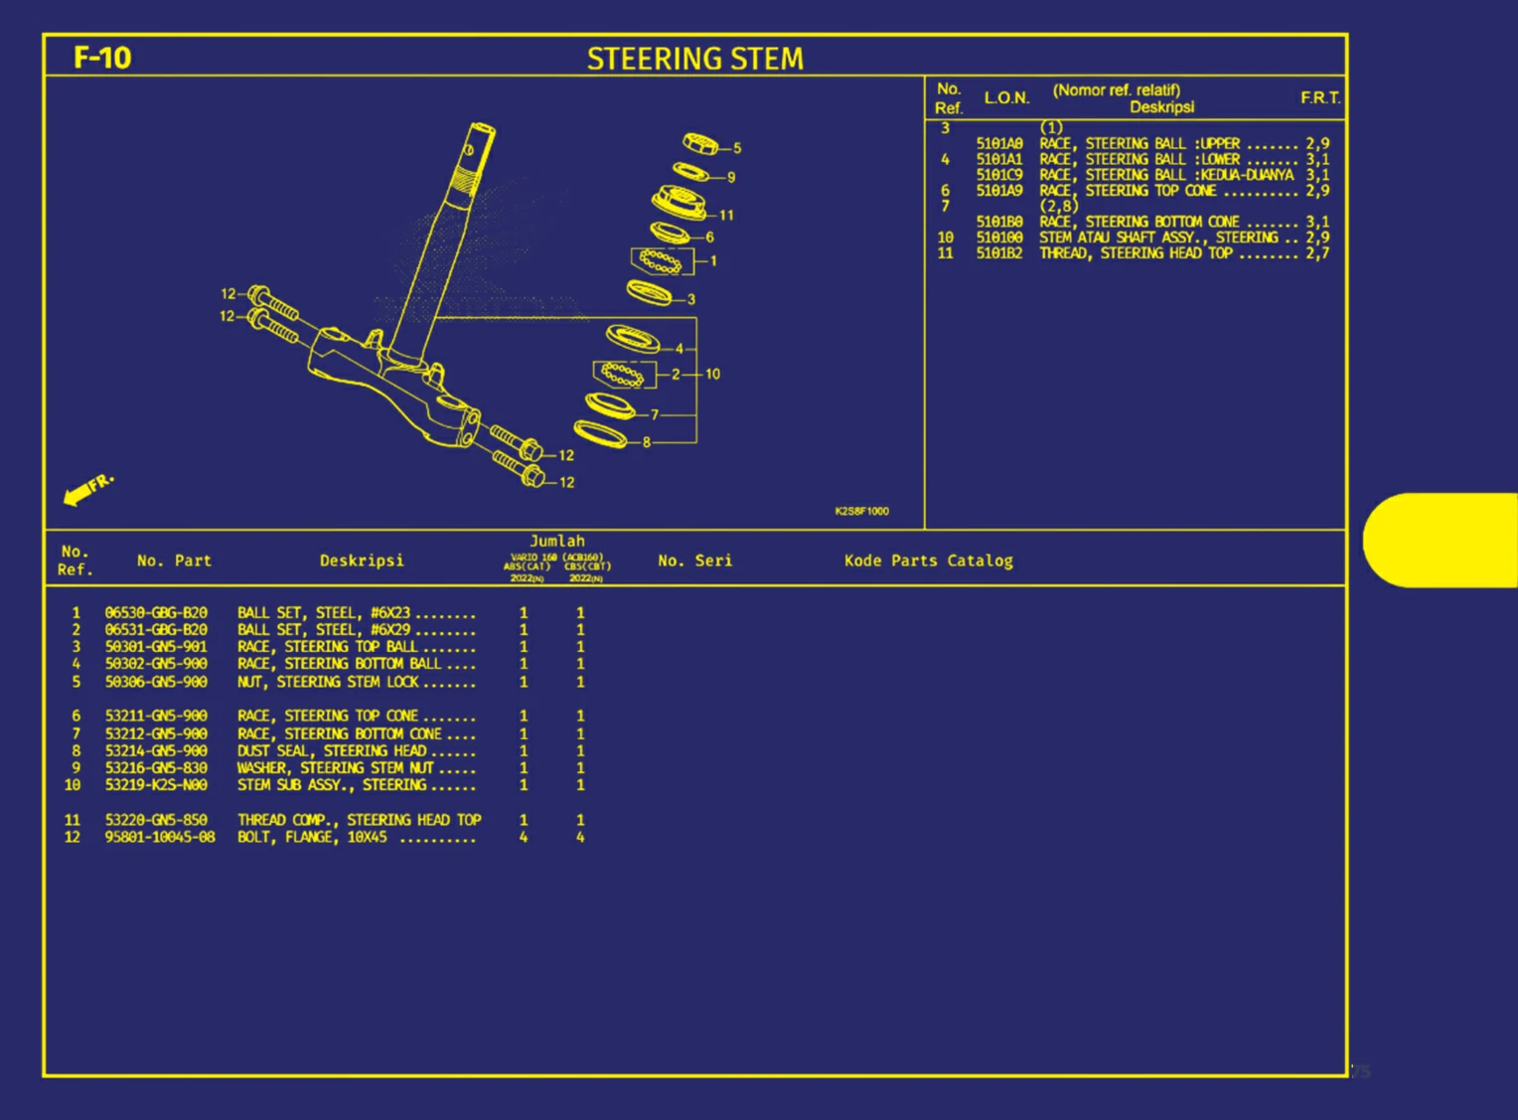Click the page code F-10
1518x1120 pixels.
click(102, 58)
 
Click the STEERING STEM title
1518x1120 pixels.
click(694, 59)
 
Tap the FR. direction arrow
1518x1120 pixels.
click(85, 490)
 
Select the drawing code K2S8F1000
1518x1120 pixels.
click(861, 511)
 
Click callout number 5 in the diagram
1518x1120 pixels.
click(737, 148)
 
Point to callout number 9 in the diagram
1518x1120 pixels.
click(731, 177)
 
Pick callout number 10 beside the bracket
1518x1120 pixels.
click(712, 375)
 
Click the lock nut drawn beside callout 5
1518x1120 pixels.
click(700, 143)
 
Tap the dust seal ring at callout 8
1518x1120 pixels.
click(601, 434)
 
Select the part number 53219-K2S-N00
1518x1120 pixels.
click(156, 785)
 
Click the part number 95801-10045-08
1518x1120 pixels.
click(160, 837)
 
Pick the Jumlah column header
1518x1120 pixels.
click(557, 542)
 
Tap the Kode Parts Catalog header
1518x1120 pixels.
click(928, 560)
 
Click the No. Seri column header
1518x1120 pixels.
click(694, 560)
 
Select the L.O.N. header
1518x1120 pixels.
click(1006, 97)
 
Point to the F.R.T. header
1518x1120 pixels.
click(1320, 97)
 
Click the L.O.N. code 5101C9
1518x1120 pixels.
click(998, 175)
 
